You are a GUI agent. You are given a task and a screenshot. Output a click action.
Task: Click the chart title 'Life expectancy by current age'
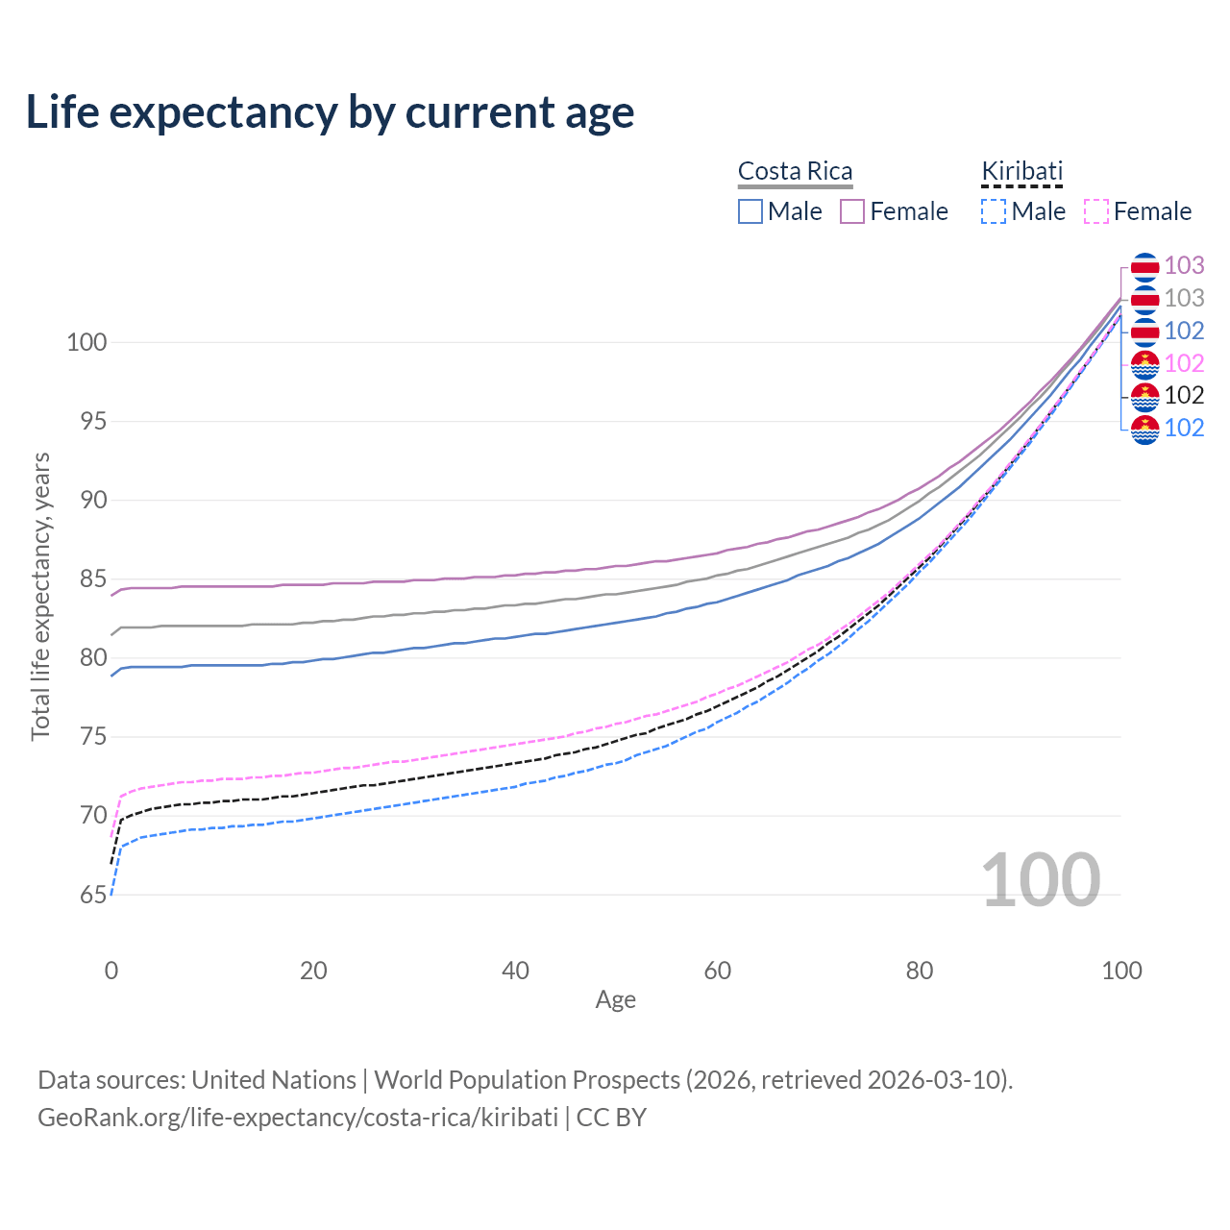pyautogui.click(x=330, y=112)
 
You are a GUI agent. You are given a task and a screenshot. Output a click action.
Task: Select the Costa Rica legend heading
pyautogui.click(x=795, y=171)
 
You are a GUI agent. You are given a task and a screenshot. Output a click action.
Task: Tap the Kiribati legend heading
pyautogui.click(x=1021, y=171)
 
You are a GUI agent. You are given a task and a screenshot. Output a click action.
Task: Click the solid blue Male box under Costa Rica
pyautogui.click(x=750, y=211)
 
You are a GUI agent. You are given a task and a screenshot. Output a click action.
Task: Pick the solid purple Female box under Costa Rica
pyautogui.click(x=852, y=211)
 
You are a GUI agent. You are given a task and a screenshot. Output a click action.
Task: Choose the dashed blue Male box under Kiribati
pyautogui.click(x=994, y=211)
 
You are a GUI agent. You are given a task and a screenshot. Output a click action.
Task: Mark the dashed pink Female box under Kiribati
pyautogui.click(x=1096, y=211)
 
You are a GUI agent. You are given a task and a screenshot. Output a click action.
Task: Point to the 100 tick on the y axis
pyautogui.click(x=86, y=342)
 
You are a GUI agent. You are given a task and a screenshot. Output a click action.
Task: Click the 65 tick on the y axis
pyautogui.click(x=93, y=895)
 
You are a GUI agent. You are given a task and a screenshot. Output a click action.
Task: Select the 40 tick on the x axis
pyautogui.click(x=516, y=971)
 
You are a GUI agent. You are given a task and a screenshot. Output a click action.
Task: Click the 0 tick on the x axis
pyautogui.click(x=111, y=971)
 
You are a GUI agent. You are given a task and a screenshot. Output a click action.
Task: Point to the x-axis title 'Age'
pyautogui.click(x=616, y=1000)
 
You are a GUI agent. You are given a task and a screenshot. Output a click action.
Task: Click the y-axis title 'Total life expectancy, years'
pyautogui.click(x=40, y=596)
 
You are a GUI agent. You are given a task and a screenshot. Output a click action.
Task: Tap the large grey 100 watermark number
pyautogui.click(x=1041, y=879)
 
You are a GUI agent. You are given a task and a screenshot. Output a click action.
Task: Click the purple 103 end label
pyautogui.click(x=1184, y=265)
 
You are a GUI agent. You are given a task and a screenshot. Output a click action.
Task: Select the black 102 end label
pyautogui.click(x=1184, y=395)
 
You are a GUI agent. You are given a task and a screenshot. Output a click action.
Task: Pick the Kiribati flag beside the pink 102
pyautogui.click(x=1145, y=363)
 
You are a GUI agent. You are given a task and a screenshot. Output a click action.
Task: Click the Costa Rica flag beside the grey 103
pyautogui.click(x=1145, y=299)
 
